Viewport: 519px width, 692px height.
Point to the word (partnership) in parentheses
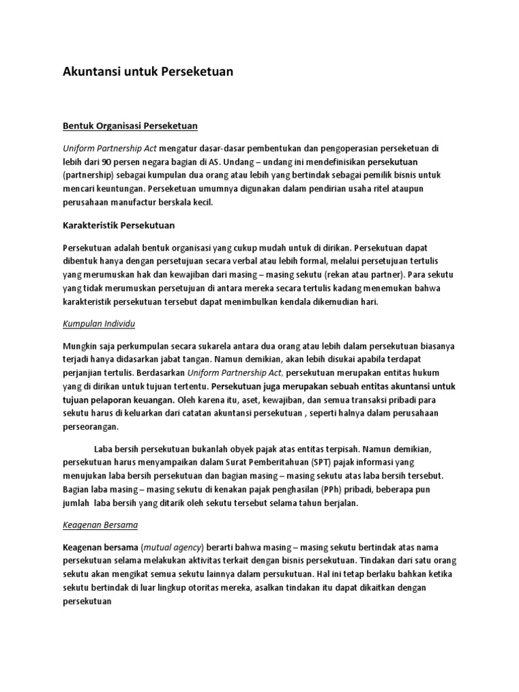[x=92, y=177]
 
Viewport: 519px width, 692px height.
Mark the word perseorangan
[x=90, y=427]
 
